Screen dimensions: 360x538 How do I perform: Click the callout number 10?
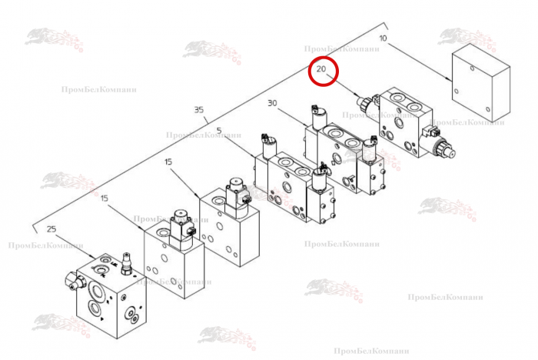384,38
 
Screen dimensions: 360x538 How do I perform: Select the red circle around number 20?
323,72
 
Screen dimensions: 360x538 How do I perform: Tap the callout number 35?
200,110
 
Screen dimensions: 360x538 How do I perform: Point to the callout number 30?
272,103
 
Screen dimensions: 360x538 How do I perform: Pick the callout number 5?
220,130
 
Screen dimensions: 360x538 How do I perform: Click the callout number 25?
51,228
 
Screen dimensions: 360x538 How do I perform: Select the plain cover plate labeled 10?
480,82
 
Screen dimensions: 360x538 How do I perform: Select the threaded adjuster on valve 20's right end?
445,147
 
